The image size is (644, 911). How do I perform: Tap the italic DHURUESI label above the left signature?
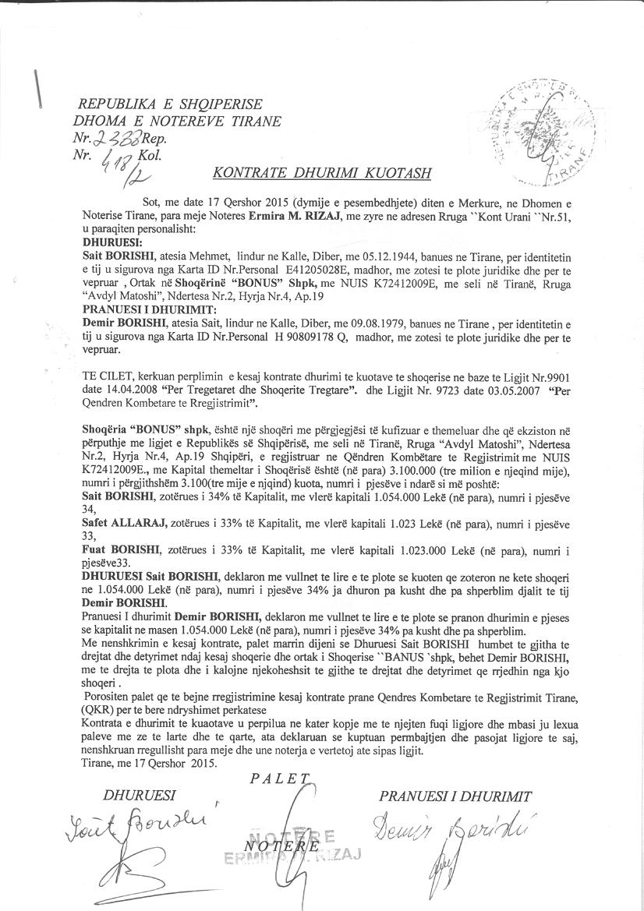point(140,796)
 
